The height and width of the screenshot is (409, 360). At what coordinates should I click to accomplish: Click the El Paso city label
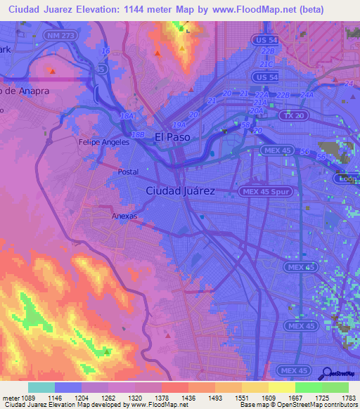(x=172, y=138)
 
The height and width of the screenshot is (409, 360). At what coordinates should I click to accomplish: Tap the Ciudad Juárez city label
(x=180, y=190)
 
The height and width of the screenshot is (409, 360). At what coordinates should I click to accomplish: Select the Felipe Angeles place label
(x=103, y=142)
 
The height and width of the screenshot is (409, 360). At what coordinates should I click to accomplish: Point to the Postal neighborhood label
(x=128, y=171)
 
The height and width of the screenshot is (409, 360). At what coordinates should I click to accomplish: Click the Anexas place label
(x=124, y=216)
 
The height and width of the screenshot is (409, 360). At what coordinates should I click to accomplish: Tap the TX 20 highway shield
(x=288, y=115)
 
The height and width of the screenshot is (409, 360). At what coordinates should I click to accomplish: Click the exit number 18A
(x=127, y=115)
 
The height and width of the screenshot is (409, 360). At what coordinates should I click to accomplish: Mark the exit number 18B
(x=138, y=134)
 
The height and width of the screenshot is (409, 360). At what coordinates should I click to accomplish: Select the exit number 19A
(x=179, y=125)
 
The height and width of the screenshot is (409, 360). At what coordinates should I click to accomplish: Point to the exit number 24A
(x=307, y=95)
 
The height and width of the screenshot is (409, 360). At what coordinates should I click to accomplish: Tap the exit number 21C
(x=266, y=63)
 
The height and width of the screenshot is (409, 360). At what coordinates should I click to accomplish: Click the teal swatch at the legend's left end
(x=41, y=387)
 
